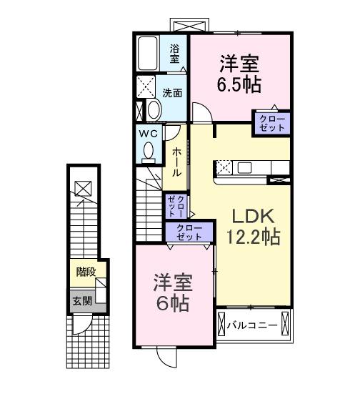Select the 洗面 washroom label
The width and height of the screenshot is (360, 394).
tap(171, 93)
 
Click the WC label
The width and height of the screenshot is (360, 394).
tap(148, 133)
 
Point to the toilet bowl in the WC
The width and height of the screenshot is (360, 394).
tap(149, 151)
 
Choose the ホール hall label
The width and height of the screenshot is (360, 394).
tap(176, 162)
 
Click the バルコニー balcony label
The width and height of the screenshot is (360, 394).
tap(252, 326)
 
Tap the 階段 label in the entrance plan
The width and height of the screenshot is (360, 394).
tap(86, 272)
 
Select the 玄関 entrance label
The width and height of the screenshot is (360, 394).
tap(81, 300)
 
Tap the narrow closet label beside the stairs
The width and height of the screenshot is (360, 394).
tap(176, 206)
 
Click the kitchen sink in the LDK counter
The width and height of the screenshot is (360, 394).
tap(245, 168)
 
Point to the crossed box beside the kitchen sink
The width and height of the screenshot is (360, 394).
tap(223, 169)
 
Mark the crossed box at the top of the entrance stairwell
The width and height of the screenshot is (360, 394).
tap(84, 189)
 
